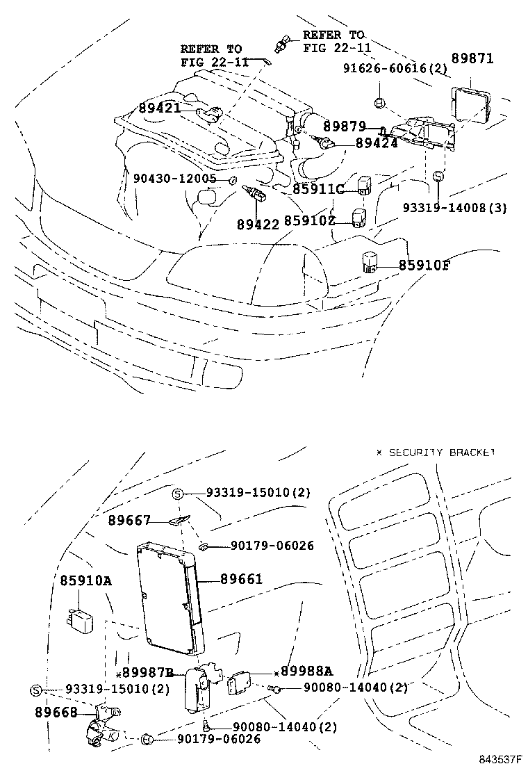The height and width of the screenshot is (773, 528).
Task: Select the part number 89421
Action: coord(159,108)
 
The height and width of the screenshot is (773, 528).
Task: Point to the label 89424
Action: coord(377,143)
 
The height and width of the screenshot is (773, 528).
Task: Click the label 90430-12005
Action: coord(174,179)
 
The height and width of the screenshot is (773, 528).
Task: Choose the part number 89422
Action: coord(257,224)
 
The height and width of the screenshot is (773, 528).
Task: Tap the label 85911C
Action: coord(318,189)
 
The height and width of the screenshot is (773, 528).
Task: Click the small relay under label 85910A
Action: coord(77,616)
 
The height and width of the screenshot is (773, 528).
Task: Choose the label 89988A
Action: coord(308,671)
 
